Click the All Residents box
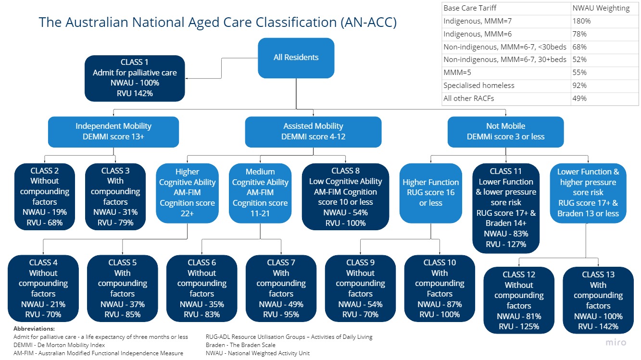296,58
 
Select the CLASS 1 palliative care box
135,78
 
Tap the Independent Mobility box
113,131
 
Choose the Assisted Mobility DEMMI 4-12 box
313,131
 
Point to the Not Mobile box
505,131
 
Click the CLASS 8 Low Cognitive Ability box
345,197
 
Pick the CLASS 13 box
598,300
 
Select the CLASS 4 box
43,288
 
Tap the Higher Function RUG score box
430,193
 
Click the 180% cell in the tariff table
581,21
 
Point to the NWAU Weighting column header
601,8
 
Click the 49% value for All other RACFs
579,99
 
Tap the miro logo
615,342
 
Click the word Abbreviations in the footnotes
34,328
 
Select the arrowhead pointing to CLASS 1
188,78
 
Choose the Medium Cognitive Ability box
260,193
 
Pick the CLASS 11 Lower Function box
505,208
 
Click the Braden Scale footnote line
240,345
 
